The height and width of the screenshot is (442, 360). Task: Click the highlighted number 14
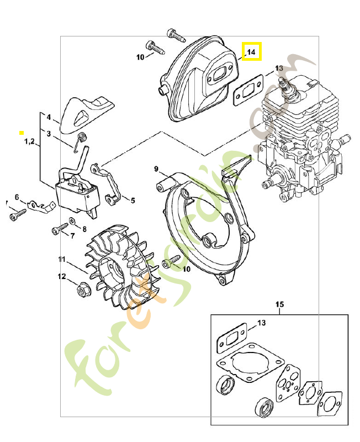(251, 52)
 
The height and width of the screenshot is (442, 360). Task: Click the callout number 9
(156, 169)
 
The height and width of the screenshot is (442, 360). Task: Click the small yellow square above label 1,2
(22, 133)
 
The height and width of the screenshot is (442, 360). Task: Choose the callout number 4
(49, 118)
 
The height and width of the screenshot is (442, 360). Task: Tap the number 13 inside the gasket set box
(261, 322)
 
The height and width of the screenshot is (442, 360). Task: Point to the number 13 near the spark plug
(278, 69)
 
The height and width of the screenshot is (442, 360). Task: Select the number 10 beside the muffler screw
(140, 57)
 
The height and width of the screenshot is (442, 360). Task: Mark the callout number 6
(17, 197)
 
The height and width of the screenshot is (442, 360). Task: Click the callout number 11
(62, 259)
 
